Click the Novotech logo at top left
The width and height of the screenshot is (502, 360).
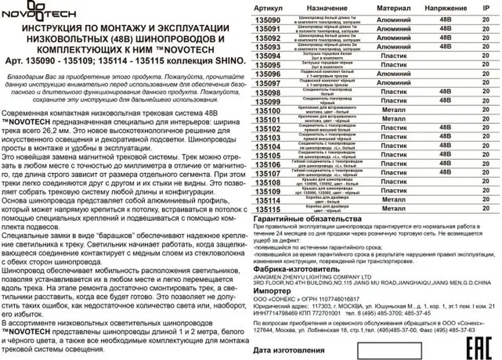click(39, 11)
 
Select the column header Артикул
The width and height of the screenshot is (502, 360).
click(268, 8)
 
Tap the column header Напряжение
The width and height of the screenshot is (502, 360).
click(446, 8)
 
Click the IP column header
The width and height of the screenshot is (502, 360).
click(486, 8)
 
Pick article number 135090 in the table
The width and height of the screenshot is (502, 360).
click(268, 20)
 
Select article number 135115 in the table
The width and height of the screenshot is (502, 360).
click(268, 209)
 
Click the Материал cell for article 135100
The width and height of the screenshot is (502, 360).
click(393, 110)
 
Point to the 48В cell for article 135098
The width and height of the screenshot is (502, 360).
click(445, 92)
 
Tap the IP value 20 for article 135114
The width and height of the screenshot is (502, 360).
click(486, 199)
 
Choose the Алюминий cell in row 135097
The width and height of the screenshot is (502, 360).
click(393, 83)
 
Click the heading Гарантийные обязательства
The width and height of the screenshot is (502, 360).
click(307, 219)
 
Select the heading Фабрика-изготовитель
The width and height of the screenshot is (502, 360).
click(296, 269)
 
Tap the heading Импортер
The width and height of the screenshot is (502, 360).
click(272, 291)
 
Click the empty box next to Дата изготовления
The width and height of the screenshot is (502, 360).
click(389, 350)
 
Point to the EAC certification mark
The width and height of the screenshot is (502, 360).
click(479, 348)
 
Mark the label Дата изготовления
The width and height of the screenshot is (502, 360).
click(289, 350)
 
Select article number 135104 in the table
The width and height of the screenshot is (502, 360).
click(268, 147)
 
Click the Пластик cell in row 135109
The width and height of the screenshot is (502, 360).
click(393, 191)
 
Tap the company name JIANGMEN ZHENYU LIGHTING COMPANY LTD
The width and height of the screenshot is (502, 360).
click(312, 277)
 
